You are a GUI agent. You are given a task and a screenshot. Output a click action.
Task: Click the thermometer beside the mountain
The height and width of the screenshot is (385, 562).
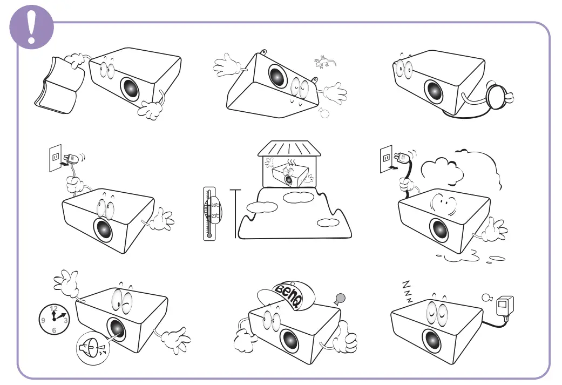click(209, 213)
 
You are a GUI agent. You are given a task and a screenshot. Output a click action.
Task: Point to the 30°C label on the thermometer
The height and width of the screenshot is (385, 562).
click(215, 205)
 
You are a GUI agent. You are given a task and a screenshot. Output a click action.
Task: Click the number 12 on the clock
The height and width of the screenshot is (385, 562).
click(53, 308)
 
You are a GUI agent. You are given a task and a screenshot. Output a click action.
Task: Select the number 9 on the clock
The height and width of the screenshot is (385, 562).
click(43, 320)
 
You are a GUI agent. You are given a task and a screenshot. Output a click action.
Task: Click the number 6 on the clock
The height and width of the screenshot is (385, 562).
click(53, 330)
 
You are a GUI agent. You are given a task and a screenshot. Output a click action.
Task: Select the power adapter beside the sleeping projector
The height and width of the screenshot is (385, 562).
click(504, 308)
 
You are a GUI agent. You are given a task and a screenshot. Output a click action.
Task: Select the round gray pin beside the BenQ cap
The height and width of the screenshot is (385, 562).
click(340, 297)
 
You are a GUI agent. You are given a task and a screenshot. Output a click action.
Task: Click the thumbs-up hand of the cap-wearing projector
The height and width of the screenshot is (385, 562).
click(346, 338)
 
